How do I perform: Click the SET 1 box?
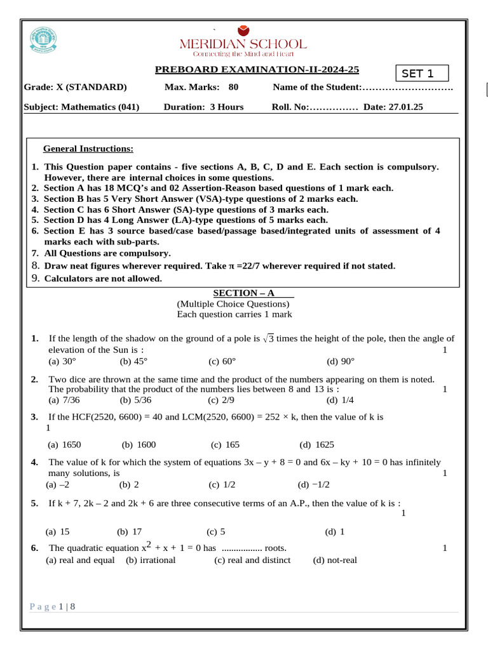[x=422, y=74]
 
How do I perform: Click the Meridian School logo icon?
[x=243, y=30]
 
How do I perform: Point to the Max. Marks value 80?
[x=233, y=87]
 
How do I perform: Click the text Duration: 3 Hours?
[x=203, y=107]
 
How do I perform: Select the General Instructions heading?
[x=88, y=149]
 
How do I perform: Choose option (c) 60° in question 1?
[x=222, y=361]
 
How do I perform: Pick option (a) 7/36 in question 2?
[x=64, y=400]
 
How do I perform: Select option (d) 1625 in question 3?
[x=316, y=444]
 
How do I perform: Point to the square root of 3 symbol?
[x=268, y=339]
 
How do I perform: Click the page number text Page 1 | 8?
[x=53, y=607]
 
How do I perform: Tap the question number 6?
[x=34, y=548]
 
